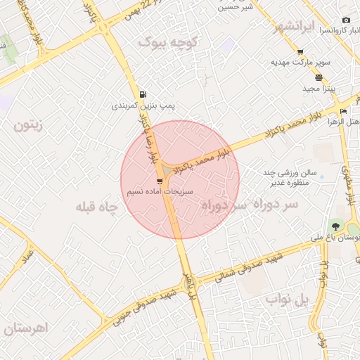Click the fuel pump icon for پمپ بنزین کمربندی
click(x=143, y=95)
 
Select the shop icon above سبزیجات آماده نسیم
click(x=160, y=181)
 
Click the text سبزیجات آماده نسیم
click(x=160, y=191)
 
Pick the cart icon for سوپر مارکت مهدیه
click(x=300, y=52)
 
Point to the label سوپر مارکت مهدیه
click(x=300, y=63)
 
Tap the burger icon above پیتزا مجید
click(x=319, y=77)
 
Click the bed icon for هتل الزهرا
click(x=343, y=112)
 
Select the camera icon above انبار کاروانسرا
click(x=345, y=20)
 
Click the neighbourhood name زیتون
click(x=28, y=126)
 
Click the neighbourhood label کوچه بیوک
click(x=169, y=43)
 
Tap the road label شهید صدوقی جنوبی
click(x=141, y=307)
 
